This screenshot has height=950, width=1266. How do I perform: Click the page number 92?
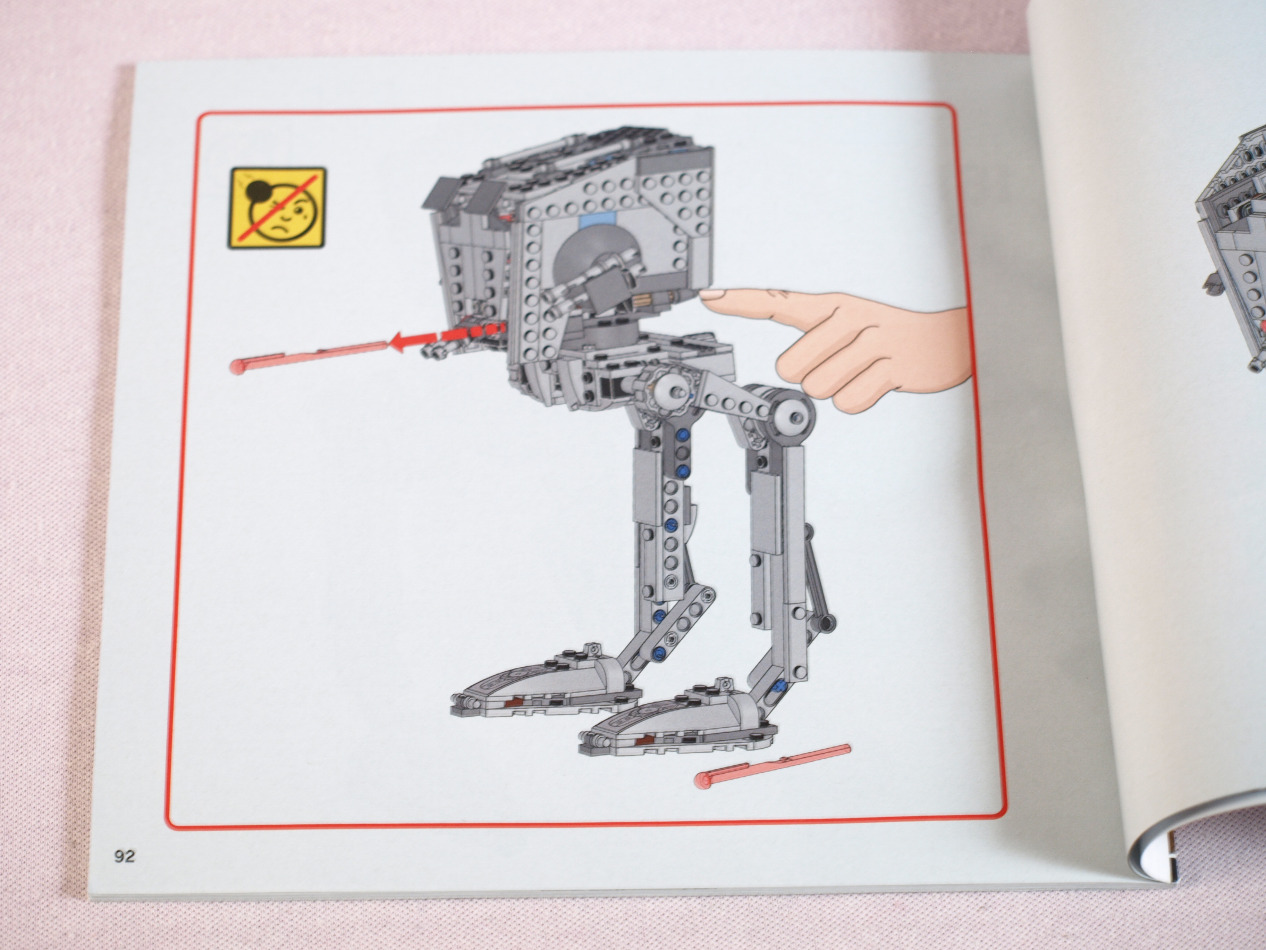124,856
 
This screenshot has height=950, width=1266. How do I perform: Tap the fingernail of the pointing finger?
712,295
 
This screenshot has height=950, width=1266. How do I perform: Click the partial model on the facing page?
1231,252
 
